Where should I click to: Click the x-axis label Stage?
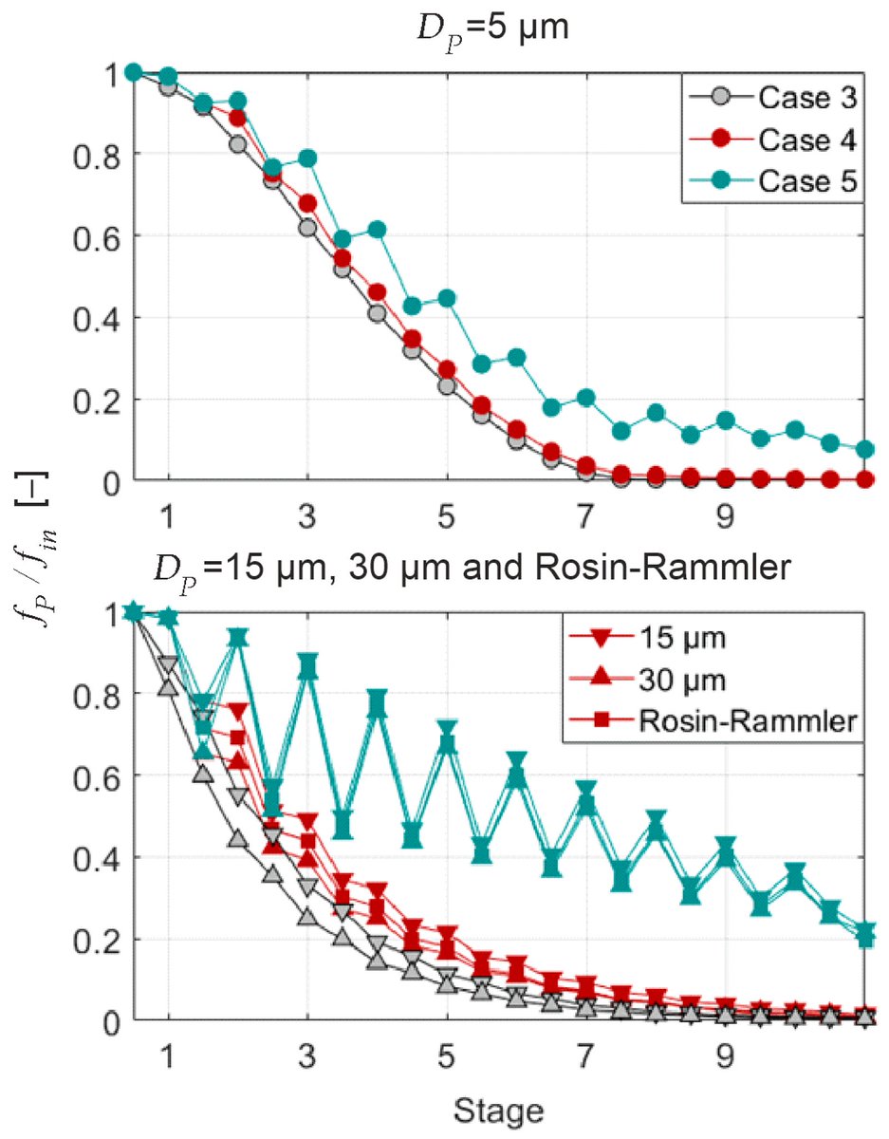click(497, 1108)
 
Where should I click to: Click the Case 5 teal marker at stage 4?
click(378, 230)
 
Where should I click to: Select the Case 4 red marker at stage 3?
click(307, 204)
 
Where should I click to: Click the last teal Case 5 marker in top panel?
click(865, 449)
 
